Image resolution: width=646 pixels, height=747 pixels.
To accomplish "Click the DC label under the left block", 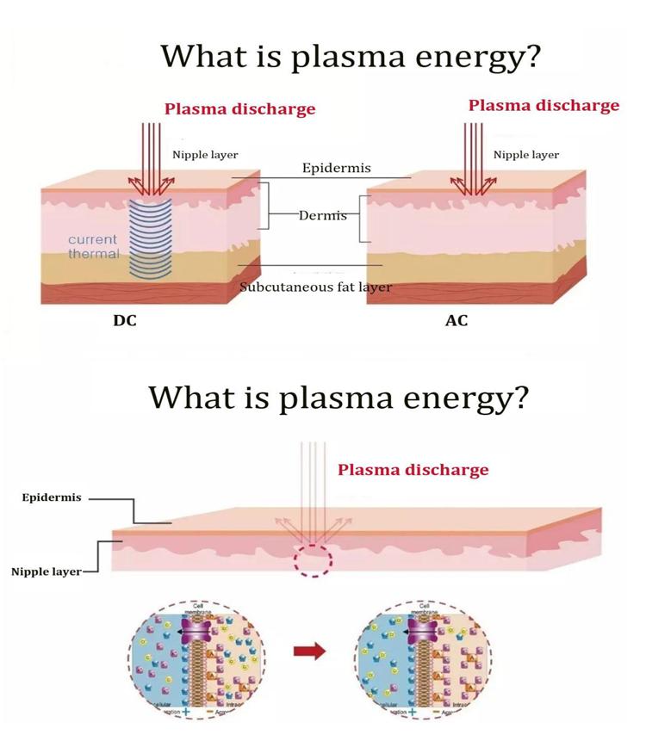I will [125, 321].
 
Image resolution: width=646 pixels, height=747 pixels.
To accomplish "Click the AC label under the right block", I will [456, 321].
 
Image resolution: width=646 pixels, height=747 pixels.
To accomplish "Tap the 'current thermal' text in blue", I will [94, 246].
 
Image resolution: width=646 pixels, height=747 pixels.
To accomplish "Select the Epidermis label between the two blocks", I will [336, 168].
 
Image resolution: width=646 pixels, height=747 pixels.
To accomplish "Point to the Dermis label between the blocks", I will [322, 215].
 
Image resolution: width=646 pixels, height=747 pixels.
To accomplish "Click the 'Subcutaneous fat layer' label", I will [315, 287].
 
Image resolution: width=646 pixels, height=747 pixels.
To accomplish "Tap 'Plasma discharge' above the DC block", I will [239, 109].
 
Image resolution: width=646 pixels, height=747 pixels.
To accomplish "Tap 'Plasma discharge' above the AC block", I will [544, 106].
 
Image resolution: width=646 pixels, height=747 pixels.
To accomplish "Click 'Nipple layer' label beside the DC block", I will [205, 155].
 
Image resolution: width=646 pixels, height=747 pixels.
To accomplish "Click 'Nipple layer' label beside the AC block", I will [525, 155].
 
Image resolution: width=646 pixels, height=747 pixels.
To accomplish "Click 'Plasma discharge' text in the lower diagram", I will [413, 470].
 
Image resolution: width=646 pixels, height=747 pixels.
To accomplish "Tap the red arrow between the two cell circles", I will [316, 651].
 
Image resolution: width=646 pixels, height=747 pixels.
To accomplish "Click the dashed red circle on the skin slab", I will [311, 558].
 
